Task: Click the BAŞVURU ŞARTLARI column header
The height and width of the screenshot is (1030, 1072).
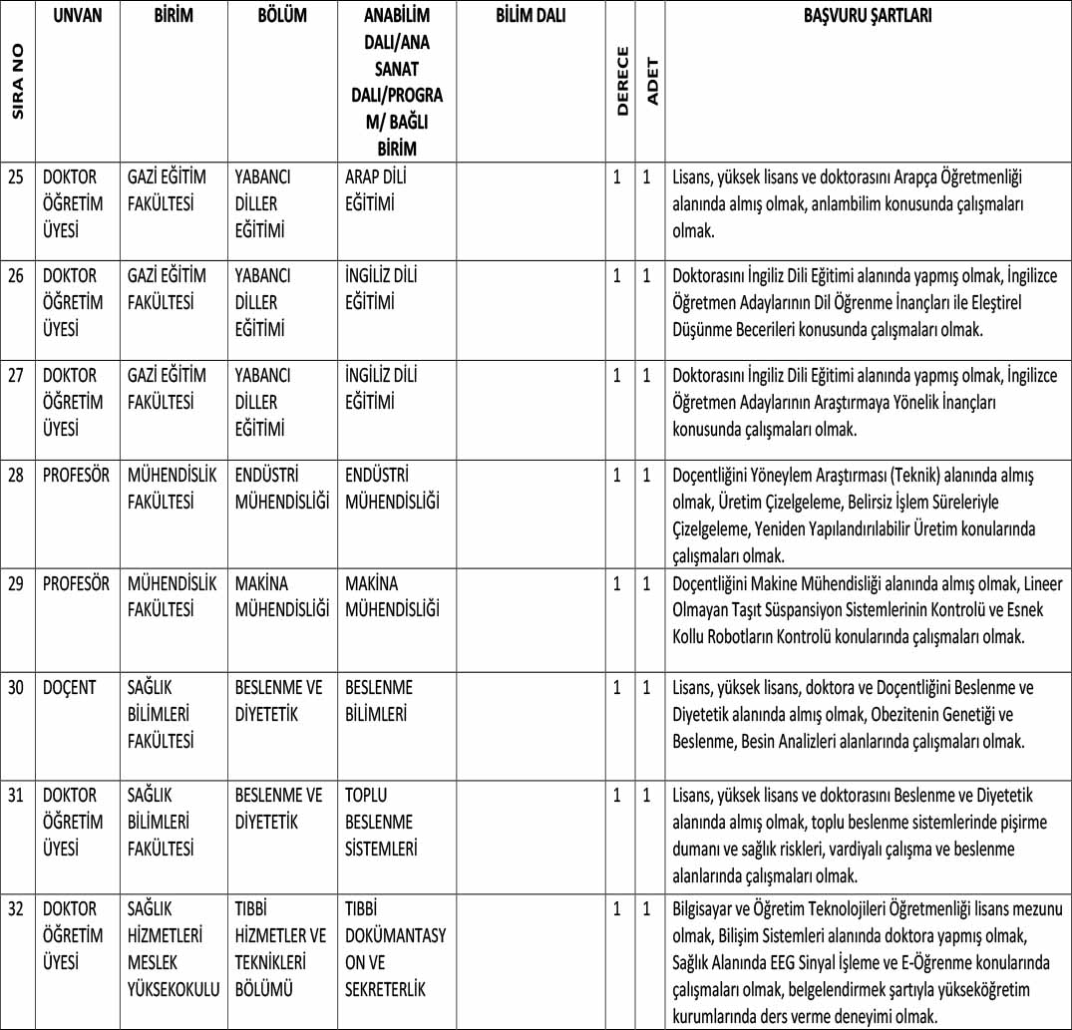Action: (868, 17)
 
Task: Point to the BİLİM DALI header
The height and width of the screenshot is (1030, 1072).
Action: (531, 17)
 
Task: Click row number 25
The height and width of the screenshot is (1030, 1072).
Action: (17, 176)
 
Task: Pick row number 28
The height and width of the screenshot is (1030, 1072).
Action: (17, 476)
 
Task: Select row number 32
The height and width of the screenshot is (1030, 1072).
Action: (17, 909)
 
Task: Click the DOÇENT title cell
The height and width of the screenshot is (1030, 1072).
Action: (70, 688)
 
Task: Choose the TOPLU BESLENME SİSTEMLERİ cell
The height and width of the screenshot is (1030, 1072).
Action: (380, 823)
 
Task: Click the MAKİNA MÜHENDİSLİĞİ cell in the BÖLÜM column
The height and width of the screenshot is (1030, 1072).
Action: (282, 596)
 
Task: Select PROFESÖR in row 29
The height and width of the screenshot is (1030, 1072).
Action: (77, 583)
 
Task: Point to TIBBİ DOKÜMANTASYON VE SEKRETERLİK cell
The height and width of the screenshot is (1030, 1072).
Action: (395, 949)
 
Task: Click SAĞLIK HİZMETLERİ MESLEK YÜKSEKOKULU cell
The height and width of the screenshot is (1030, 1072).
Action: (174, 949)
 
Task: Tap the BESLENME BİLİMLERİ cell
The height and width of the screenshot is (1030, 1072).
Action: (382, 701)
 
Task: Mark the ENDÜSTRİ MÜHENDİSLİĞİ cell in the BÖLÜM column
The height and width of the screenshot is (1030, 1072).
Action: (282, 489)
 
